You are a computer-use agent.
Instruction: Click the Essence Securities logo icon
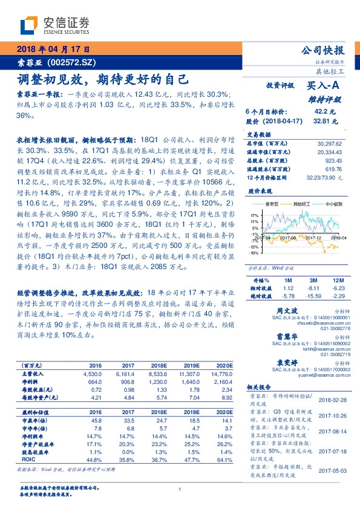point(31,25)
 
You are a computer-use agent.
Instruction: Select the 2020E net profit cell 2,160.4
point(222,383)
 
